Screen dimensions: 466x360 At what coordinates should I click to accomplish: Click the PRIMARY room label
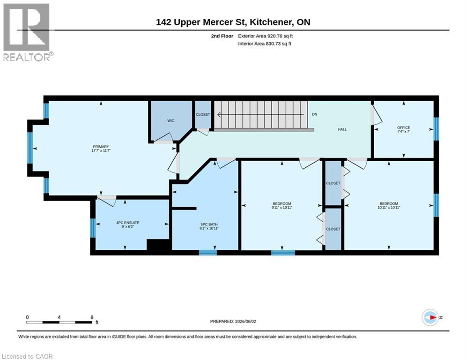tap(101, 147)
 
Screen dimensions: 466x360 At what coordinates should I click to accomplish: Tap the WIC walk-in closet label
tap(170, 120)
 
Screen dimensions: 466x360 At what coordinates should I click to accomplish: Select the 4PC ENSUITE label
tap(128, 223)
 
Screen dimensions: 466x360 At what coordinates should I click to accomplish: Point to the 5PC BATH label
tap(209, 225)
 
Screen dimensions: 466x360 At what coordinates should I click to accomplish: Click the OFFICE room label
tap(404, 127)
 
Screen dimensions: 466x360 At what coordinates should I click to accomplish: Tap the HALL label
tap(342, 129)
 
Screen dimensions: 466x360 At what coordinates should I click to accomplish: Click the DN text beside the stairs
tap(314, 114)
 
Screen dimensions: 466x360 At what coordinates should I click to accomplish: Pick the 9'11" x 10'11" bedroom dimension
tap(282, 208)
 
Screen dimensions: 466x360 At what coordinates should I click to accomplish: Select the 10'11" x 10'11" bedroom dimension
tap(389, 208)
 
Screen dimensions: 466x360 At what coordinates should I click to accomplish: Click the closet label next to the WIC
tap(203, 114)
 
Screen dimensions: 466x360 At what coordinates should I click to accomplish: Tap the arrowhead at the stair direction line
tap(219, 114)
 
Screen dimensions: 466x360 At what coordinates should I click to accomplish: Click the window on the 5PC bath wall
tap(208, 253)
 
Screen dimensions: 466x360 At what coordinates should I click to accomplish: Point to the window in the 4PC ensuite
tap(93, 228)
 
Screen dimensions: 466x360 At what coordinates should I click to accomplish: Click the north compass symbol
tap(430, 317)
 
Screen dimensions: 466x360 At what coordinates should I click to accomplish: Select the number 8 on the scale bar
tap(92, 317)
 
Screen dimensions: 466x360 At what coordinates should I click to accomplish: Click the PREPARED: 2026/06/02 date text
tap(233, 321)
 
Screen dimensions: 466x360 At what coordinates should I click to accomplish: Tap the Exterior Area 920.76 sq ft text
tap(266, 36)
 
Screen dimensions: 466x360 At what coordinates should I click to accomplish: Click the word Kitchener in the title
tap(272, 22)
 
